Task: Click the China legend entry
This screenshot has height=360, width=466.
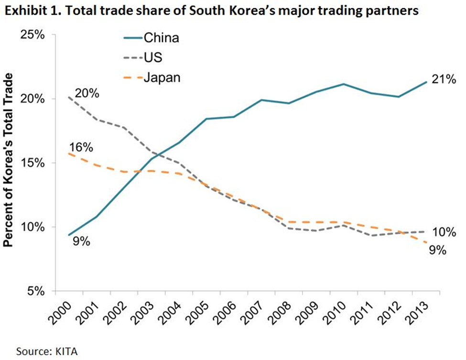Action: [x=161, y=38]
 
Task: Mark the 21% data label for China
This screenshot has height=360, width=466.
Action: [x=444, y=79]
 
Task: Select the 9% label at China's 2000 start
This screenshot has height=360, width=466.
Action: [x=82, y=241]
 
